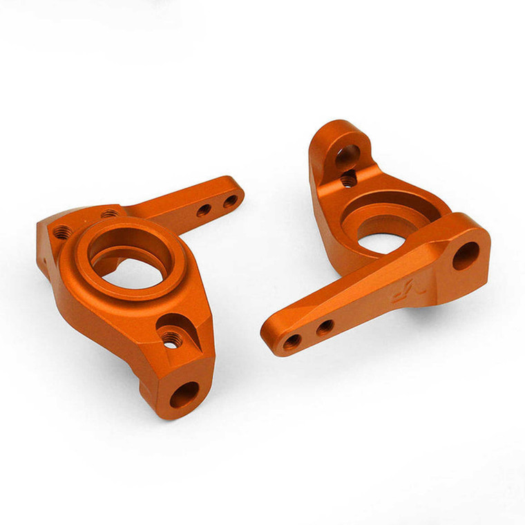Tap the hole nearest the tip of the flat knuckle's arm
(231, 200)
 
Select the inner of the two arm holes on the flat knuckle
(204, 210)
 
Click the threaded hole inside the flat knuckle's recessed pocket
(170, 338)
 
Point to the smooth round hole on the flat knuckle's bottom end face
(185, 394)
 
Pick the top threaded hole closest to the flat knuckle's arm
(109, 214)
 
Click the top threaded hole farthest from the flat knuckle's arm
(62, 231)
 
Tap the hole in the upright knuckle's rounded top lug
(346, 155)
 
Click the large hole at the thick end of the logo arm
(465, 256)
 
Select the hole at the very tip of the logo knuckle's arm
(292, 341)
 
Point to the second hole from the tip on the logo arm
(325, 327)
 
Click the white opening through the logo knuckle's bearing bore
(379, 242)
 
